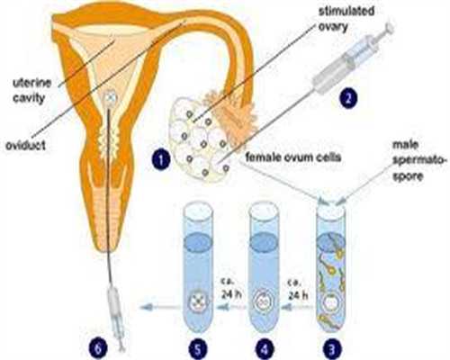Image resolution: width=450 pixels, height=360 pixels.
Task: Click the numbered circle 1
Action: click(x=161, y=158)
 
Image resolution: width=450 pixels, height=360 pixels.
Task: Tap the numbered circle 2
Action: click(x=348, y=97)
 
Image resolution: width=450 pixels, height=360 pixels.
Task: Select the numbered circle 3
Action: click(x=332, y=348)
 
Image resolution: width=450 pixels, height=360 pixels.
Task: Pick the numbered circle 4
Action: click(x=265, y=348)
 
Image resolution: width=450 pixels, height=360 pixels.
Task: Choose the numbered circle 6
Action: click(x=98, y=348)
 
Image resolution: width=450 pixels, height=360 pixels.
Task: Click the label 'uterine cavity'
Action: click(x=31, y=90)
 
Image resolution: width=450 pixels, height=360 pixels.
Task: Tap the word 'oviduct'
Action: click(x=26, y=145)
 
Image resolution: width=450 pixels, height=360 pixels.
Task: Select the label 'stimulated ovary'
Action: click(x=346, y=19)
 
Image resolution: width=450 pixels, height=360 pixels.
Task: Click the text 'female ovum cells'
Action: click(x=293, y=157)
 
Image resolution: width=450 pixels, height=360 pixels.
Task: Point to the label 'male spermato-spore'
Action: click(x=418, y=160)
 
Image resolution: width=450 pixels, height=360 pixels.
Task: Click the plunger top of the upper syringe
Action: click(x=389, y=27)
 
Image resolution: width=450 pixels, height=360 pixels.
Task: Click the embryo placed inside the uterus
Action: click(x=110, y=97)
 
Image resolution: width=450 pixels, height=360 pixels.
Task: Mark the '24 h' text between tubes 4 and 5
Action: click(x=232, y=295)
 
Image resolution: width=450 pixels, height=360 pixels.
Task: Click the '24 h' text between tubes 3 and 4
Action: click(x=298, y=295)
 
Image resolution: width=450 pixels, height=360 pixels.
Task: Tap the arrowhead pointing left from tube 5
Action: click(x=145, y=307)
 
